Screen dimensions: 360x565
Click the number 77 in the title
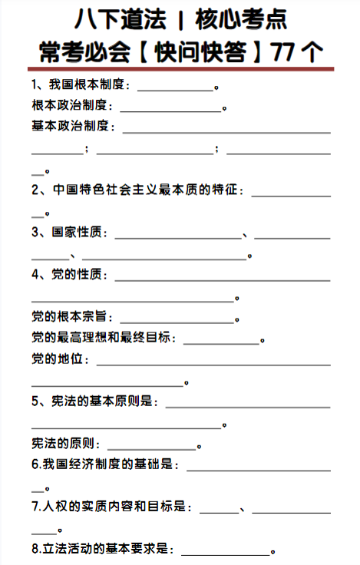[x=288, y=52]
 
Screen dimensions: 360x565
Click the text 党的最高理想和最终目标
[x=103, y=337]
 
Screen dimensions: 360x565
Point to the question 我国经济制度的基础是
[x=105, y=464]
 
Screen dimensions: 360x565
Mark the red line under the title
[x=180, y=68]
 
